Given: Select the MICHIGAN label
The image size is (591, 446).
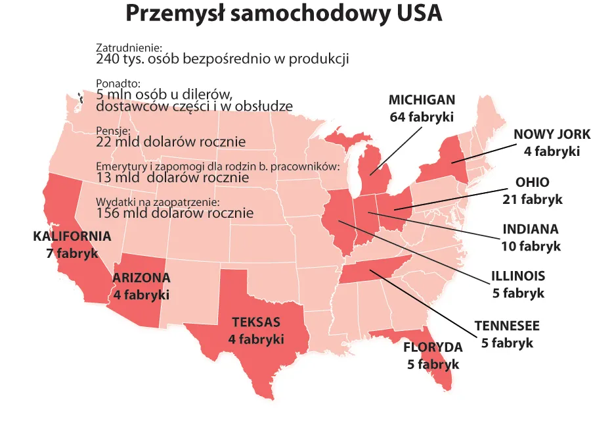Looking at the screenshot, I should [422, 100].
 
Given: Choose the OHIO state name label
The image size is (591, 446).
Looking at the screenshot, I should [532, 182].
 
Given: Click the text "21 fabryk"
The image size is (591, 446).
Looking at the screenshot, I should [532, 199].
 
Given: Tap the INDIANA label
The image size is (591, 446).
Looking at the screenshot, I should [531, 230].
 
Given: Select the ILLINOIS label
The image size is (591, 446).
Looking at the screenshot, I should [518, 276].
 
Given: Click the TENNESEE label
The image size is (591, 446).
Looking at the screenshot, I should [507, 326].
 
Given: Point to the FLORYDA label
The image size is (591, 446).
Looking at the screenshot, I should [433, 347].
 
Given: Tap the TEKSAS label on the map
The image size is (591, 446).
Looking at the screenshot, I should [255, 322].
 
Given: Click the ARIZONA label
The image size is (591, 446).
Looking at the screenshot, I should [141, 278].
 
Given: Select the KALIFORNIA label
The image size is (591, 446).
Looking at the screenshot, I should [72, 236].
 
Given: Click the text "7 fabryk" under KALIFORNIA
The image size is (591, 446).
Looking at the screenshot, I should [72, 253].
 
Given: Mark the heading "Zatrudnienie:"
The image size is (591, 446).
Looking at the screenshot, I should [129, 48].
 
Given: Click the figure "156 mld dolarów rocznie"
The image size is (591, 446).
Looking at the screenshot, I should [175, 213].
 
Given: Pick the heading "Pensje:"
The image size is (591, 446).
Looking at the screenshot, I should [114, 131].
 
